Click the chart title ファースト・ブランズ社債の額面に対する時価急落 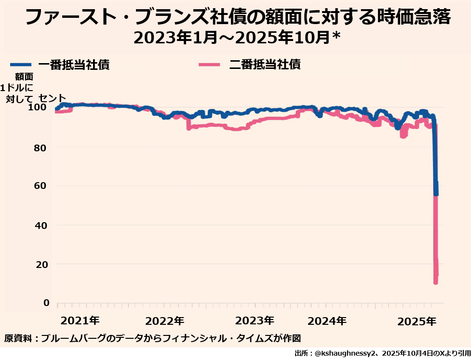coord(238,18)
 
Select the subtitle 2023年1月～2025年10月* coord(237,38)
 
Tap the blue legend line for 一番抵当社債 coord(20,65)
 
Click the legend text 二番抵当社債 coord(264,64)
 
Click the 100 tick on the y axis coord(41,107)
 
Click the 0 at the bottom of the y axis coord(46,303)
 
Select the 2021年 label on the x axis coord(81,320)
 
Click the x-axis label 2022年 coord(165,320)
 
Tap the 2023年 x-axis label coord(255,320)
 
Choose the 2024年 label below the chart coord(327,320)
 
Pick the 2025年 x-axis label coord(417,320)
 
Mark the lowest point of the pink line coord(436,282)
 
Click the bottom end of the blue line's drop coord(436,193)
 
